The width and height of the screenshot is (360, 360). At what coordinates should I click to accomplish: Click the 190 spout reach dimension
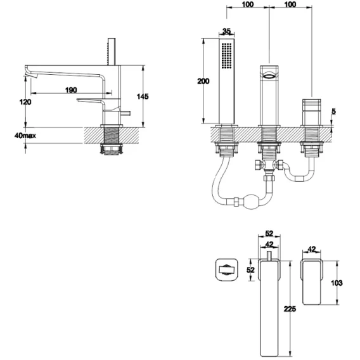(x=71, y=90)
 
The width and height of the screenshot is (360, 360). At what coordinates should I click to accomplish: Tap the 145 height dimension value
(x=143, y=96)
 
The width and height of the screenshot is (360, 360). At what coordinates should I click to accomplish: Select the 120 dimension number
(x=25, y=101)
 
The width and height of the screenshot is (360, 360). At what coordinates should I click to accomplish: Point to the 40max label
(x=25, y=136)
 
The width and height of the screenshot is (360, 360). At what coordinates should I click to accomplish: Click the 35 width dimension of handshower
(x=226, y=31)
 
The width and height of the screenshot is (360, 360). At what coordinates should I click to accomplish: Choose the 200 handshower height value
(x=203, y=81)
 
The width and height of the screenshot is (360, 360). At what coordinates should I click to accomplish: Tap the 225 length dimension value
(x=290, y=309)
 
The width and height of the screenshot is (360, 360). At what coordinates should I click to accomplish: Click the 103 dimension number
(x=337, y=283)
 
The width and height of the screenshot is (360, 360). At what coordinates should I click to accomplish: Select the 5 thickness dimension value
(x=333, y=112)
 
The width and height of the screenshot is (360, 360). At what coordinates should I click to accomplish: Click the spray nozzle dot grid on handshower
(x=227, y=55)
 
